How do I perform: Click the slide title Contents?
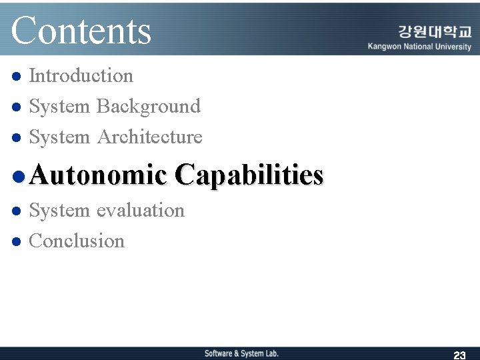[x=81, y=31]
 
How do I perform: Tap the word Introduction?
[x=81, y=76]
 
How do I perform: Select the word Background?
[x=148, y=107]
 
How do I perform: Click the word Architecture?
[x=149, y=137]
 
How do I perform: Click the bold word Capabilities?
[x=249, y=175]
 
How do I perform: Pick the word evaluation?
[x=140, y=211]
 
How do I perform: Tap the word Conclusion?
[x=77, y=241]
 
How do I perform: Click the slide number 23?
[x=459, y=355]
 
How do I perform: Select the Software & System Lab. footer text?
[x=241, y=353]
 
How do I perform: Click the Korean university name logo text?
[x=435, y=32]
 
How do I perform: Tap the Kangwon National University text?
[x=419, y=47]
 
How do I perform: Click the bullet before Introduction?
[x=18, y=77]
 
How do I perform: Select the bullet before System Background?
[x=18, y=107]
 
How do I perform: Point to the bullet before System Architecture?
[x=18, y=138]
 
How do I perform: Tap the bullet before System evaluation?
[x=18, y=211]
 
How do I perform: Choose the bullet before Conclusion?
[x=18, y=241]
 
